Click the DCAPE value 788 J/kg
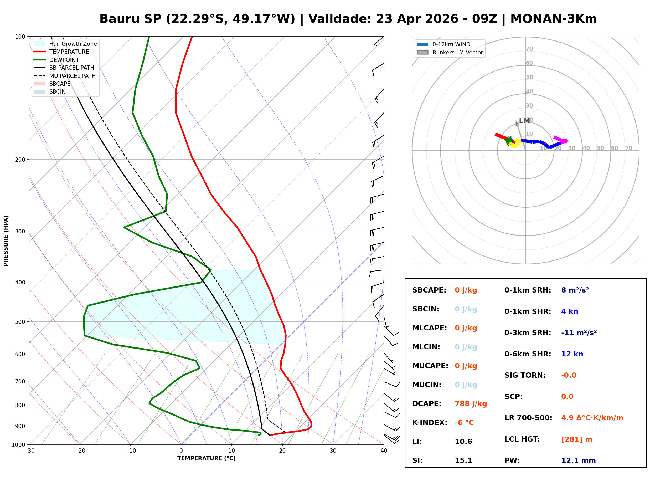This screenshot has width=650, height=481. [471, 403]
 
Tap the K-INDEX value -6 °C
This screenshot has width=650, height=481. [464, 422]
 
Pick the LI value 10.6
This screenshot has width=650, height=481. [463, 441]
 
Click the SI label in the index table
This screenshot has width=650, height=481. [417, 460]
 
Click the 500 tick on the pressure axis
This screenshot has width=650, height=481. [20, 322]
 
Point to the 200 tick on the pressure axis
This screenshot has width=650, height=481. [20, 160]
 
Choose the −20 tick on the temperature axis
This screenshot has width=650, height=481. [80, 451]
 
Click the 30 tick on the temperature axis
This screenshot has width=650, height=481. [333, 451]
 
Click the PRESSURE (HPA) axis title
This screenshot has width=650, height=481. [6, 241]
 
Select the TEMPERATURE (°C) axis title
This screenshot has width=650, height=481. [206, 458]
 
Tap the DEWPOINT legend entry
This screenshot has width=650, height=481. [64, 60]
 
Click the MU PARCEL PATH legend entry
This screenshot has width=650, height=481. [72, 76]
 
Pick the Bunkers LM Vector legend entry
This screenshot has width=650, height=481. [457, 52]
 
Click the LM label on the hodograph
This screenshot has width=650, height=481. [524, 121]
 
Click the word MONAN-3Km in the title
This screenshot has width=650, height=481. [553, 19]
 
